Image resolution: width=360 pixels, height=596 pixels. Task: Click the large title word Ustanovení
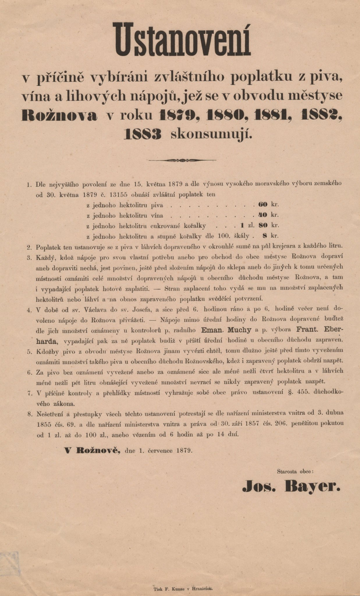tap(183, 40)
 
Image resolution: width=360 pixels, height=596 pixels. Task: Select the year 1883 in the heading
tap(143, 134)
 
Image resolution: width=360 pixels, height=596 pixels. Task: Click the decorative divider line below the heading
tap(182, 160)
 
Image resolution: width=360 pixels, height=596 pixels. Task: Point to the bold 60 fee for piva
tap(263, 205)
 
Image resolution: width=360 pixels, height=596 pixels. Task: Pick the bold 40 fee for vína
tap(263, 215)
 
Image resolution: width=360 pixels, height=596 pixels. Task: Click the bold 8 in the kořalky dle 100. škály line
tap(265, 236)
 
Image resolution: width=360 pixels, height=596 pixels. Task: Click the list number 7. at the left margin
tap(29, 393)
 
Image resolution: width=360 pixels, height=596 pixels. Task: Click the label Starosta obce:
tap(295, 471)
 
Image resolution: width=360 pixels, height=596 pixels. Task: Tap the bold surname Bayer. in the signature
tap(313, 486)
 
